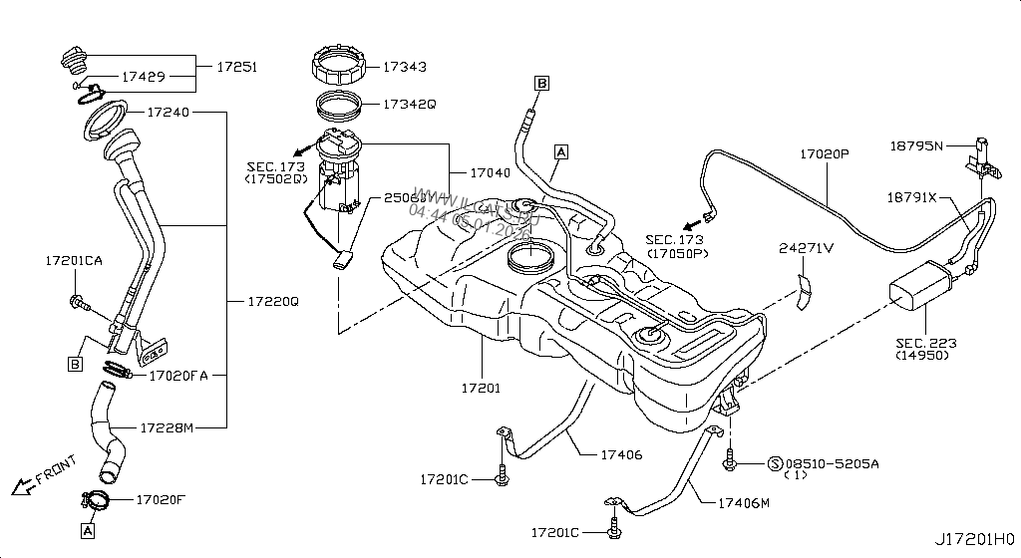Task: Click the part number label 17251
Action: tap(237, 68)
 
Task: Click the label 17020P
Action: tap(824, 155)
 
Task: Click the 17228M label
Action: tap(166, 427)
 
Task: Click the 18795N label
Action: tap(915, 145)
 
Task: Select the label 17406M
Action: tap(744, 503)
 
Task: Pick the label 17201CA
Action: tap(74, 261)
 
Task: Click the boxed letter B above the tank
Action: tap(541, 84)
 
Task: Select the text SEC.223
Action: tap(926, 344)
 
